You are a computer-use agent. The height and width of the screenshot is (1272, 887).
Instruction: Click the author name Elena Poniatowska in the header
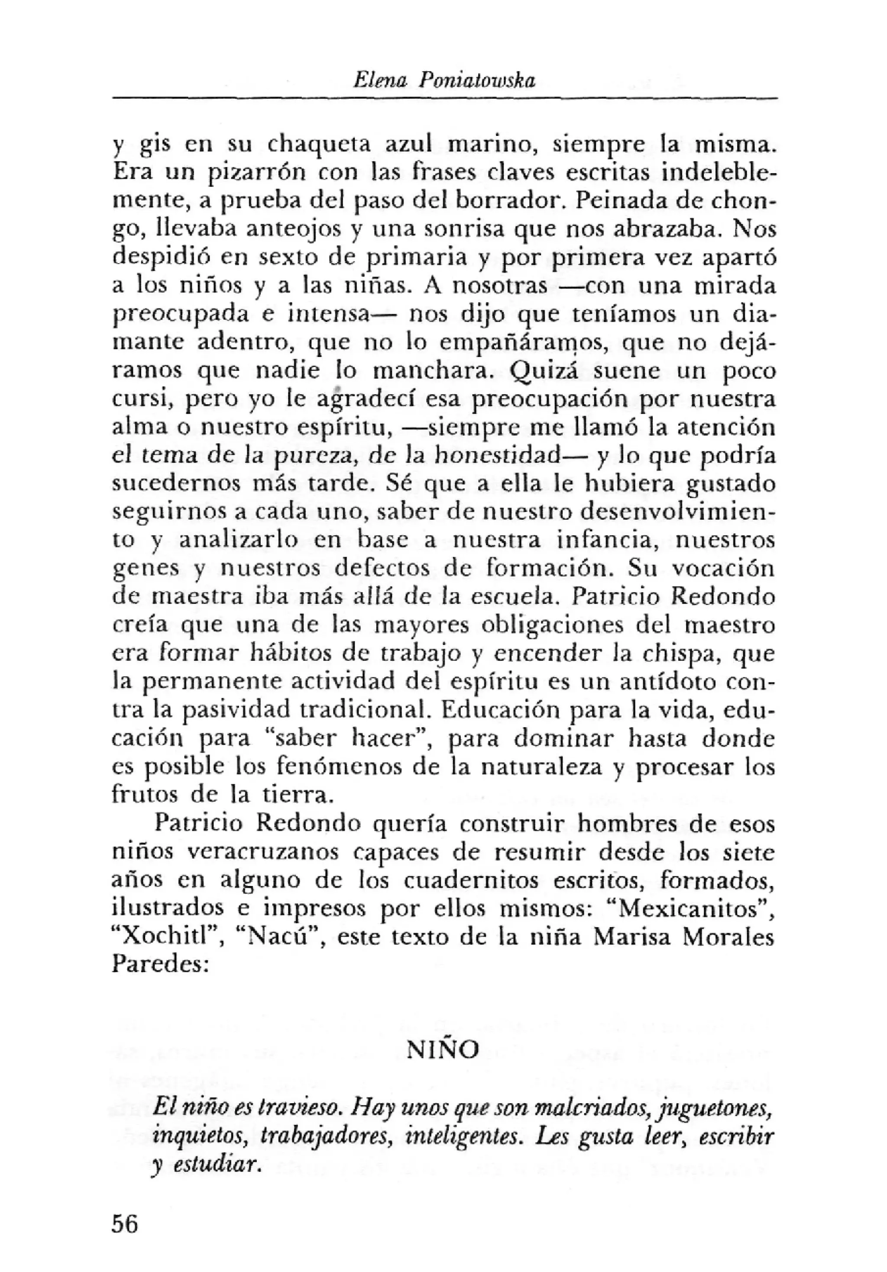444,81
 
